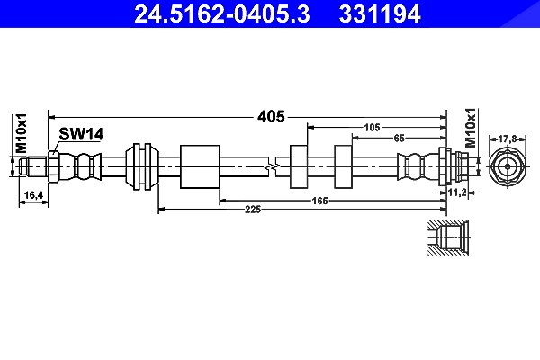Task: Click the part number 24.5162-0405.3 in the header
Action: pos(222,13)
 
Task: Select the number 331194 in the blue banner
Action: pos(380,13)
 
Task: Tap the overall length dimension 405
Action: pos(272,117)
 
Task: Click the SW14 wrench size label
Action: pos(81,134)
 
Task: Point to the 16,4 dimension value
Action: pos(33,195)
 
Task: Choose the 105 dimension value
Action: pos(372,128)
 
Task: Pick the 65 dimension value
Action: pos(399,138)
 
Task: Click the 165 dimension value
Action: pos(319,201)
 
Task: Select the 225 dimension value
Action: pos(253,209)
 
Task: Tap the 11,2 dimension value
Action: pos(457,193)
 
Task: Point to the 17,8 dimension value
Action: pos(508,139)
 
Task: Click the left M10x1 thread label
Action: pos(22,133)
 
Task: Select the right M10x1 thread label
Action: pos(471,128)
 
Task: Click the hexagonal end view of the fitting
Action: pos(508,166)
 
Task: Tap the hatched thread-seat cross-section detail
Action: pos(448,238)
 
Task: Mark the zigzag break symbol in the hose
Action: pos(272,167)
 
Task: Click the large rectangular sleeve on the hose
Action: pos(200,166)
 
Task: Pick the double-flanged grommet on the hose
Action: pos(142,166)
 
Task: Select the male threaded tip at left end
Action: pos(33,166)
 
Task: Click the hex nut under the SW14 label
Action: pos(54,166)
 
